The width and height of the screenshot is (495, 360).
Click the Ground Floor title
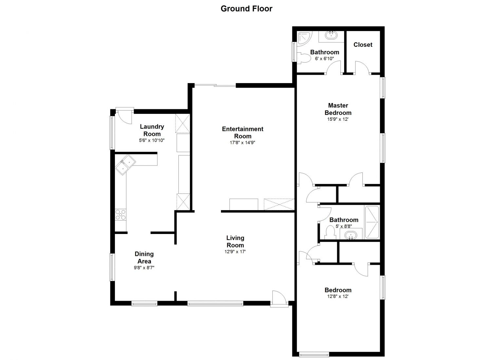click(247, 9)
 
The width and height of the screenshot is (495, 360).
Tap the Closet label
click(363, 45)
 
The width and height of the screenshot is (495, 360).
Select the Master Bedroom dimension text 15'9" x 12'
click(338, 119)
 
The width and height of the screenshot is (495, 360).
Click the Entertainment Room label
click(243, 133)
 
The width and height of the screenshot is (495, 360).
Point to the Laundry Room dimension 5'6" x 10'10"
click(152, 140)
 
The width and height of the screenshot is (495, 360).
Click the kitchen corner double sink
click(125, 165)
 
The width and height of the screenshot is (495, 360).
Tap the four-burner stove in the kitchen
click(121, 215)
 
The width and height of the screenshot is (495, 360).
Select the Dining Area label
click(144, 258)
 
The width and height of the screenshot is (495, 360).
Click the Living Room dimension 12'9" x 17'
click(235, 252)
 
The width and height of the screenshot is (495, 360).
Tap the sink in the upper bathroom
click(331, 35)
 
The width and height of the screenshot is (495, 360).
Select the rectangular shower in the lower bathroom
click(372, 222)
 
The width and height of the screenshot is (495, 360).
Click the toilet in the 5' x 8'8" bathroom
click(330, 232)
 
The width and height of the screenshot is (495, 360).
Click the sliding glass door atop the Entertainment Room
click(215, 85)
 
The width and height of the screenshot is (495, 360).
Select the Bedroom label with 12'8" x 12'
click(338, 290)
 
